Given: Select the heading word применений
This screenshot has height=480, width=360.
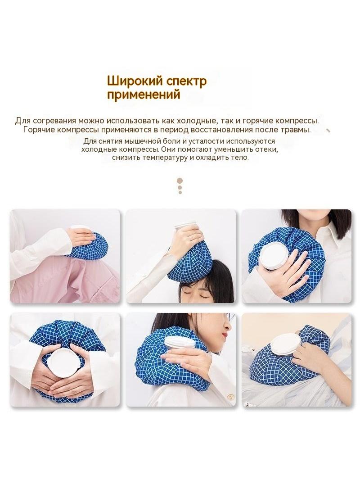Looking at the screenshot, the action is [x=144, y=95].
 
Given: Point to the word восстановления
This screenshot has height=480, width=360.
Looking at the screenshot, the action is [x=222, y=130].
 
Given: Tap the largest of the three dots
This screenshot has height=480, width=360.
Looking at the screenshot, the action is [x=180, y=181].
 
